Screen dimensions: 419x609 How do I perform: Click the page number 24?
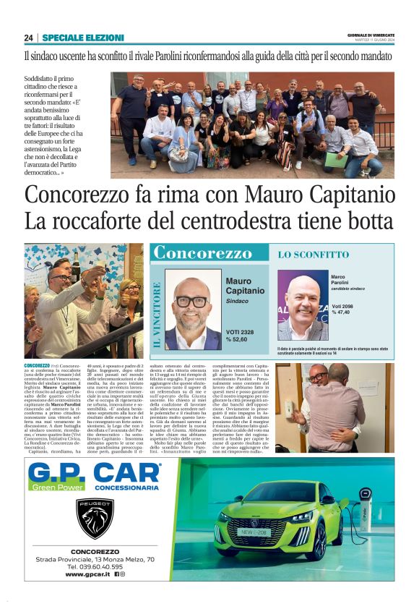click(x=28, y=38)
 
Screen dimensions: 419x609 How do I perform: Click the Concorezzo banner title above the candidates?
click(x=202, y=253)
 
